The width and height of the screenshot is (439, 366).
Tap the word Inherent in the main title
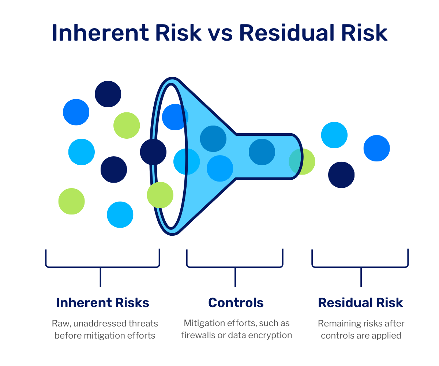pos(101,33)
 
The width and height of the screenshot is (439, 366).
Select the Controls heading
pos(236,303)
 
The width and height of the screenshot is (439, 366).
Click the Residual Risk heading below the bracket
pos(360,303)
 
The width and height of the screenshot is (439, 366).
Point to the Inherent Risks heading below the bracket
pos(102,303)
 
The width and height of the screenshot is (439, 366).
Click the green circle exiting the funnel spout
pos(302,161)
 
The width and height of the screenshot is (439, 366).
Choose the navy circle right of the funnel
pos(341,175)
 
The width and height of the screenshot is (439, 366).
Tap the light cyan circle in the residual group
pos(334,135)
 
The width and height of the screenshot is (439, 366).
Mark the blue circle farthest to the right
pos(376,148)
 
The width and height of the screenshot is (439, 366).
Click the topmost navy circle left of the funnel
pos(108,94)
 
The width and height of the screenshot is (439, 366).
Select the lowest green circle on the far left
pos(71,201)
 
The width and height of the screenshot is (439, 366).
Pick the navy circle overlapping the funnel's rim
pos(153,152)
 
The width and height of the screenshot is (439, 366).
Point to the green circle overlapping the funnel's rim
pos(160,195)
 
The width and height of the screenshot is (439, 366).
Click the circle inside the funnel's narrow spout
pos(262,152)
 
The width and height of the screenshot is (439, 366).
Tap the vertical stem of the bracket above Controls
pos(235,277)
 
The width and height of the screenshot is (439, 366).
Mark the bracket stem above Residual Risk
pos(361,277)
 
